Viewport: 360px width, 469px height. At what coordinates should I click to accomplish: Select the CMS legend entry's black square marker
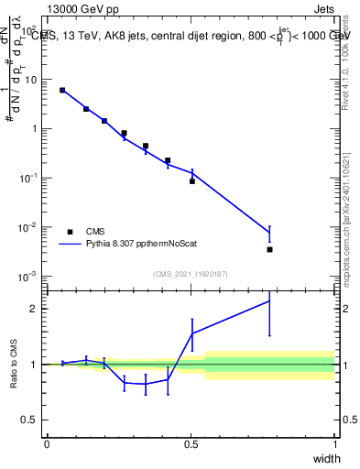(x=70, y=232)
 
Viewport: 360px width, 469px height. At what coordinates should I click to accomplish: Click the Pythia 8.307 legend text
(x=141, y=245)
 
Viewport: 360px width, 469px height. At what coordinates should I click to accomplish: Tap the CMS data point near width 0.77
(x=269, y=249)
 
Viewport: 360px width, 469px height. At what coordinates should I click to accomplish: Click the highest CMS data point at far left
(x=62, y=90)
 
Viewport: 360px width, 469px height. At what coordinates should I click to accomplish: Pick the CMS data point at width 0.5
(x=192, y=181)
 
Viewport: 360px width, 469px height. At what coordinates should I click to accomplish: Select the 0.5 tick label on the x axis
(x=191, y=444)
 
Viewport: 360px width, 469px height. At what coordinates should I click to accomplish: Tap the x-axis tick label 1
(x=334, y=444)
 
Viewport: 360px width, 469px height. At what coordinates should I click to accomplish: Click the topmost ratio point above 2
(x=269, y=300)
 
